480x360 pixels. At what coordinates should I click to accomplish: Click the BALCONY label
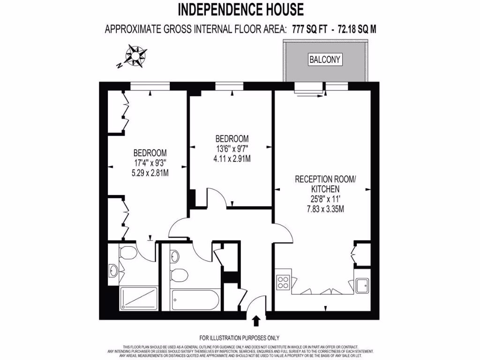[x=325, y=60]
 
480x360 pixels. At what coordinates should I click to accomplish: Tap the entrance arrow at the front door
[x=256, y=321]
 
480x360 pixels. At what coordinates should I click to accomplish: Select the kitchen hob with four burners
[x=283, y=281]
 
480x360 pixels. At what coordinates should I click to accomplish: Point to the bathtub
[x=195, y=300]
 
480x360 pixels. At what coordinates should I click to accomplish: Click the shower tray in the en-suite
[x=137, y=299]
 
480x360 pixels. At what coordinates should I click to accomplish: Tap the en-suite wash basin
[x=113, y=270]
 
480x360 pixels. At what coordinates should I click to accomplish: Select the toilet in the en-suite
[x=128, y=254]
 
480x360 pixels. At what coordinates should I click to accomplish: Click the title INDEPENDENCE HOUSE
[x=240, y=9]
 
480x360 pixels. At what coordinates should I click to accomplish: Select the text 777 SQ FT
[x=311, y=30]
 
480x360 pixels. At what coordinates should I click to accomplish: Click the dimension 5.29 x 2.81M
[x=150, y=172]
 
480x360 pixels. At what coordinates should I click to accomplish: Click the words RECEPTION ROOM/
[x=325, y=179]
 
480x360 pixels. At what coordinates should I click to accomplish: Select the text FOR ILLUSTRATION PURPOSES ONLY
[x=240, y=338]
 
